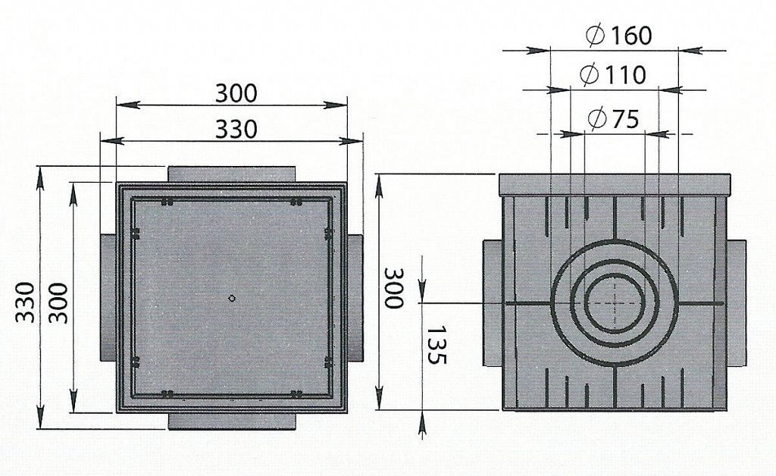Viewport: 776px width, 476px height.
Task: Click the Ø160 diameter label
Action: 618,35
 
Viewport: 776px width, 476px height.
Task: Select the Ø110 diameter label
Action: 612,75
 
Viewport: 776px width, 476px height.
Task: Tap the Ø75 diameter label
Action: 614,119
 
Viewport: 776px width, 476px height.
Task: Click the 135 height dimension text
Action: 436,345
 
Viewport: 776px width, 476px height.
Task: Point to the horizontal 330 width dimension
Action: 236,129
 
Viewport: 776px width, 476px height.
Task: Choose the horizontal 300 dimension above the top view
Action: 236,93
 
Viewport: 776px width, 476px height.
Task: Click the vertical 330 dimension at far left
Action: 25,302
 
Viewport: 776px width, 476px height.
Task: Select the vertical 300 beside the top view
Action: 59,303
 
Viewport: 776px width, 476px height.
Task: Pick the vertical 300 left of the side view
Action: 394,288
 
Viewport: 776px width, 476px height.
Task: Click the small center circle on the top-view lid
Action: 232,298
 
